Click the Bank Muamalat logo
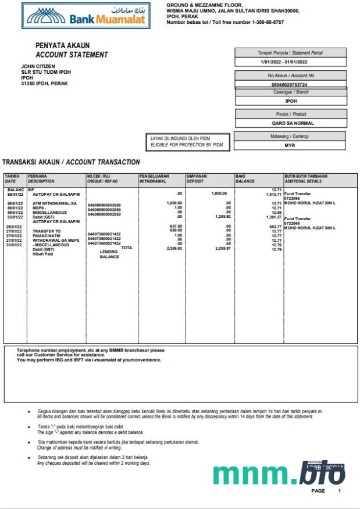click(86, 16)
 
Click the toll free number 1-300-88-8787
click(254, 22)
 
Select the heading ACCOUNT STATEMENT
click(72, 55)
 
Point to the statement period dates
click(284, 62)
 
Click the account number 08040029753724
click(289, 84)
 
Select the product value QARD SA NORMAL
click(291, 123)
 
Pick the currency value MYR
click(290, 145)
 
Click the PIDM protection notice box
click(187, 141)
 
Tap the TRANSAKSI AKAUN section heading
click(71, 162)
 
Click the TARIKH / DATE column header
click(14, 178)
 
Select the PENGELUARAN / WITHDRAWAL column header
click(161, 178)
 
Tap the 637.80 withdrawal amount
click(176, 226)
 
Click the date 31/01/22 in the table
click(14, 245)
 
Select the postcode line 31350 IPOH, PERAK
click(44, 84)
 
